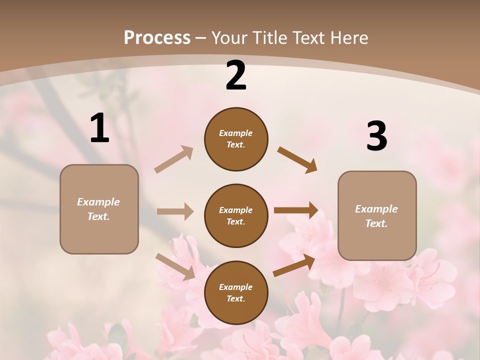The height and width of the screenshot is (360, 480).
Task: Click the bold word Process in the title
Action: click(157, 37)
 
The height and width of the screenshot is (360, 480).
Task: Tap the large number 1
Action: click(99, 128)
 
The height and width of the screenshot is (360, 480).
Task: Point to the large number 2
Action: click(236, 75)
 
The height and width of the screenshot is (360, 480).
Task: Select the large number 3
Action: click(376, 136)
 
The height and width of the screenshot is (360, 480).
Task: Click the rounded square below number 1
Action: click(99, 209)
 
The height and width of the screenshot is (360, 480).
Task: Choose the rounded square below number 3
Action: click(377, 216)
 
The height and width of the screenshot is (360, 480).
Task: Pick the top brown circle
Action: click(236, 139)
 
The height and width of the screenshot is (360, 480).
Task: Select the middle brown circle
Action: click(236, 216)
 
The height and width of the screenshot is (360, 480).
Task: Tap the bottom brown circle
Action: click(236, 293)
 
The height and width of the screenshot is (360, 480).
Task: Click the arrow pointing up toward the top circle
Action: click(174, 159)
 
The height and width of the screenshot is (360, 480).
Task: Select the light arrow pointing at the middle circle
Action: click(175, 211)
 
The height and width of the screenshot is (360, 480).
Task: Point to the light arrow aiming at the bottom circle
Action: click(175, 266)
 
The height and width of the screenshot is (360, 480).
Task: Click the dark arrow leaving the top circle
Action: click(297, 160)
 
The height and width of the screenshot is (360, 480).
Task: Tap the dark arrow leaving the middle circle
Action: click(296, 210)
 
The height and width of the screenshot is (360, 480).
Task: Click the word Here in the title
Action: click(349, 37)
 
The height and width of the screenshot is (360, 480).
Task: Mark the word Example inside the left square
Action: click(98, 202)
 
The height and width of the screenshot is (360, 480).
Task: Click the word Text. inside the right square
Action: click(376, 223)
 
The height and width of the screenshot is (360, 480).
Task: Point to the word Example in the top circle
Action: click(235, 133)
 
